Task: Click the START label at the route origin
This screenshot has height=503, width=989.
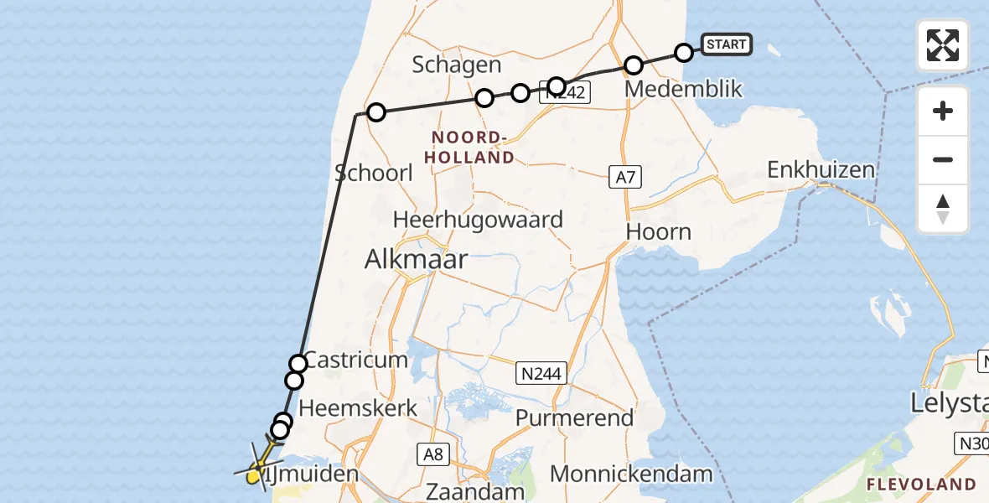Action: pyautogui.click(x=726, y=44)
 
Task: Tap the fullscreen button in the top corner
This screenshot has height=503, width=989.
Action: pyautogui.click(x=943, y=45)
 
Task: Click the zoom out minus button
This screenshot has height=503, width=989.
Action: pyautogui.click(x=943, y=160)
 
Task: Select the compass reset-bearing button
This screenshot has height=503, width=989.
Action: pyautogui.click(x=943, y=209)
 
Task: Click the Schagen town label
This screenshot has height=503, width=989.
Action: pyautogui.click(x=458, y=65)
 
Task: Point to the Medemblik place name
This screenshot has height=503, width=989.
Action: pyautogui.click(x=683, y=88)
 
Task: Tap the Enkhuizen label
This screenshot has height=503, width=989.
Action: pyautogui.click(x=821, y=170)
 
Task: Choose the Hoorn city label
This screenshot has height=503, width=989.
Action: pyautogui.click(x=660, y=231)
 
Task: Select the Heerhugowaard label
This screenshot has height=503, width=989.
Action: pyautogui.click(x=479, y=220)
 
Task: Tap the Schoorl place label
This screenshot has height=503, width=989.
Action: pyautogui.click(x=374, y=173)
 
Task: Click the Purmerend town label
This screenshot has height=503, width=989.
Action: pyautogui.click(x=574, y=417)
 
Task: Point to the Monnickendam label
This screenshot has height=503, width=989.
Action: pyautogui.click(x=631, y=474)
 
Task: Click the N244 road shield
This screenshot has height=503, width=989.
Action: pyautogui.click(x=541, y=371)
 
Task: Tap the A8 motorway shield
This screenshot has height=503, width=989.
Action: pyautogui.click(x=432, y=454)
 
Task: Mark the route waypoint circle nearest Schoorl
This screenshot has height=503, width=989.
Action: pyautogui.click(x=376, y=112)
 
